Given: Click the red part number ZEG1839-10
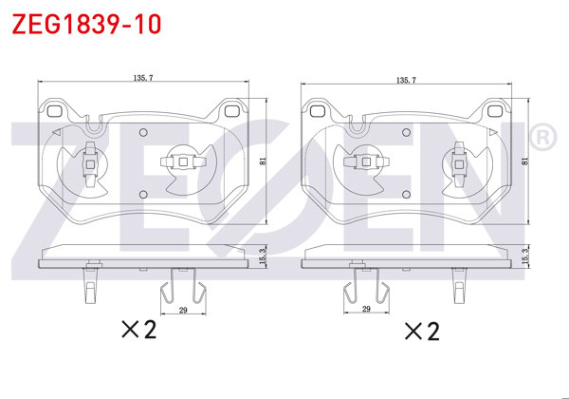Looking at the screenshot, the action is (x=86, y=24).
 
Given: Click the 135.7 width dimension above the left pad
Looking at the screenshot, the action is (x=143, y=78).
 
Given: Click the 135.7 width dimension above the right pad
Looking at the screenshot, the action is (x=406, y=80).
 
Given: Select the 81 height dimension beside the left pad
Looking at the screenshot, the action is (x=263, y=161).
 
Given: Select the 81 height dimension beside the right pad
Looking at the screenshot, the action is (x=524, y=161).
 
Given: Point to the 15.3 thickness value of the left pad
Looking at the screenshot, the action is (x=264, y=256).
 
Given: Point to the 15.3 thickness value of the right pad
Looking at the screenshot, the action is (x=525, y=256).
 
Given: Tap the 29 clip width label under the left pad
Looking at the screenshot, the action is (x=183, y=310).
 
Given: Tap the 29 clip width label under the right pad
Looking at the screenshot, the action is (x=366, y=309).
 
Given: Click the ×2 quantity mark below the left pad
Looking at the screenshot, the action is (x=139, y=330).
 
